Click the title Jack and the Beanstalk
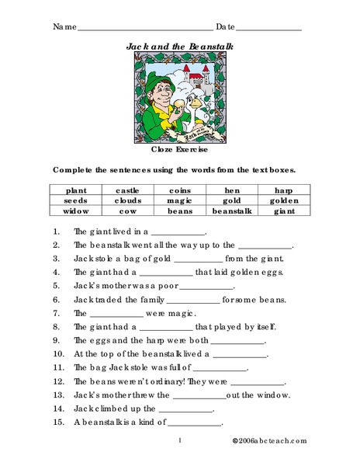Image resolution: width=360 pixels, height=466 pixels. pos(179,46)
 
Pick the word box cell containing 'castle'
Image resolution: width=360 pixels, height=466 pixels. pos(126,190)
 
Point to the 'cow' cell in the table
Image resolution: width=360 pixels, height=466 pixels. pos(126,211)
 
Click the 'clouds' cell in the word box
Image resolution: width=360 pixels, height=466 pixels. pos(126,200)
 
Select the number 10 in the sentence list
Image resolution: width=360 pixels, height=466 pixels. pos(57,356)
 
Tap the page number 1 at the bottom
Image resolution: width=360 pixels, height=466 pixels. pos(179,441)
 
